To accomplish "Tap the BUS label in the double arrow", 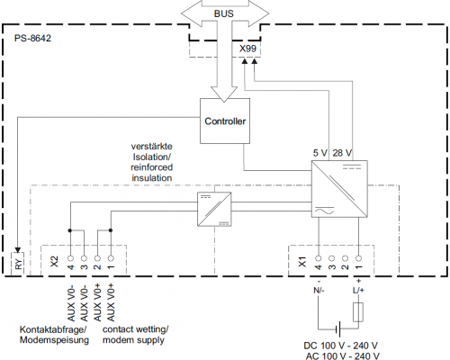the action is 224,13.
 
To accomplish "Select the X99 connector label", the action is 247,49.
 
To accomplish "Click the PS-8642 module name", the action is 32,38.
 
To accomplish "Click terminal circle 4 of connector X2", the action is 70,258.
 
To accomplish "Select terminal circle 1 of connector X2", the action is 111,258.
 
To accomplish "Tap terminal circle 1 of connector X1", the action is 358,258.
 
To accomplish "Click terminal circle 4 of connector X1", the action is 319,258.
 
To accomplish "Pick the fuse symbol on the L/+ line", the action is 358,312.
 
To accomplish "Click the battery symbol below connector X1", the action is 338,328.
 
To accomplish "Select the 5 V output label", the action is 319,153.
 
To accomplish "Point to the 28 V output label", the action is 342,153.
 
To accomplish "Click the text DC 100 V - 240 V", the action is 340,346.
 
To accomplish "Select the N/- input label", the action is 319,290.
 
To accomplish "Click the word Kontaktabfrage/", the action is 53,329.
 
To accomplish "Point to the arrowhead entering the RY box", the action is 18,249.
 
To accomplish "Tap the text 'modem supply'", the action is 133,340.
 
